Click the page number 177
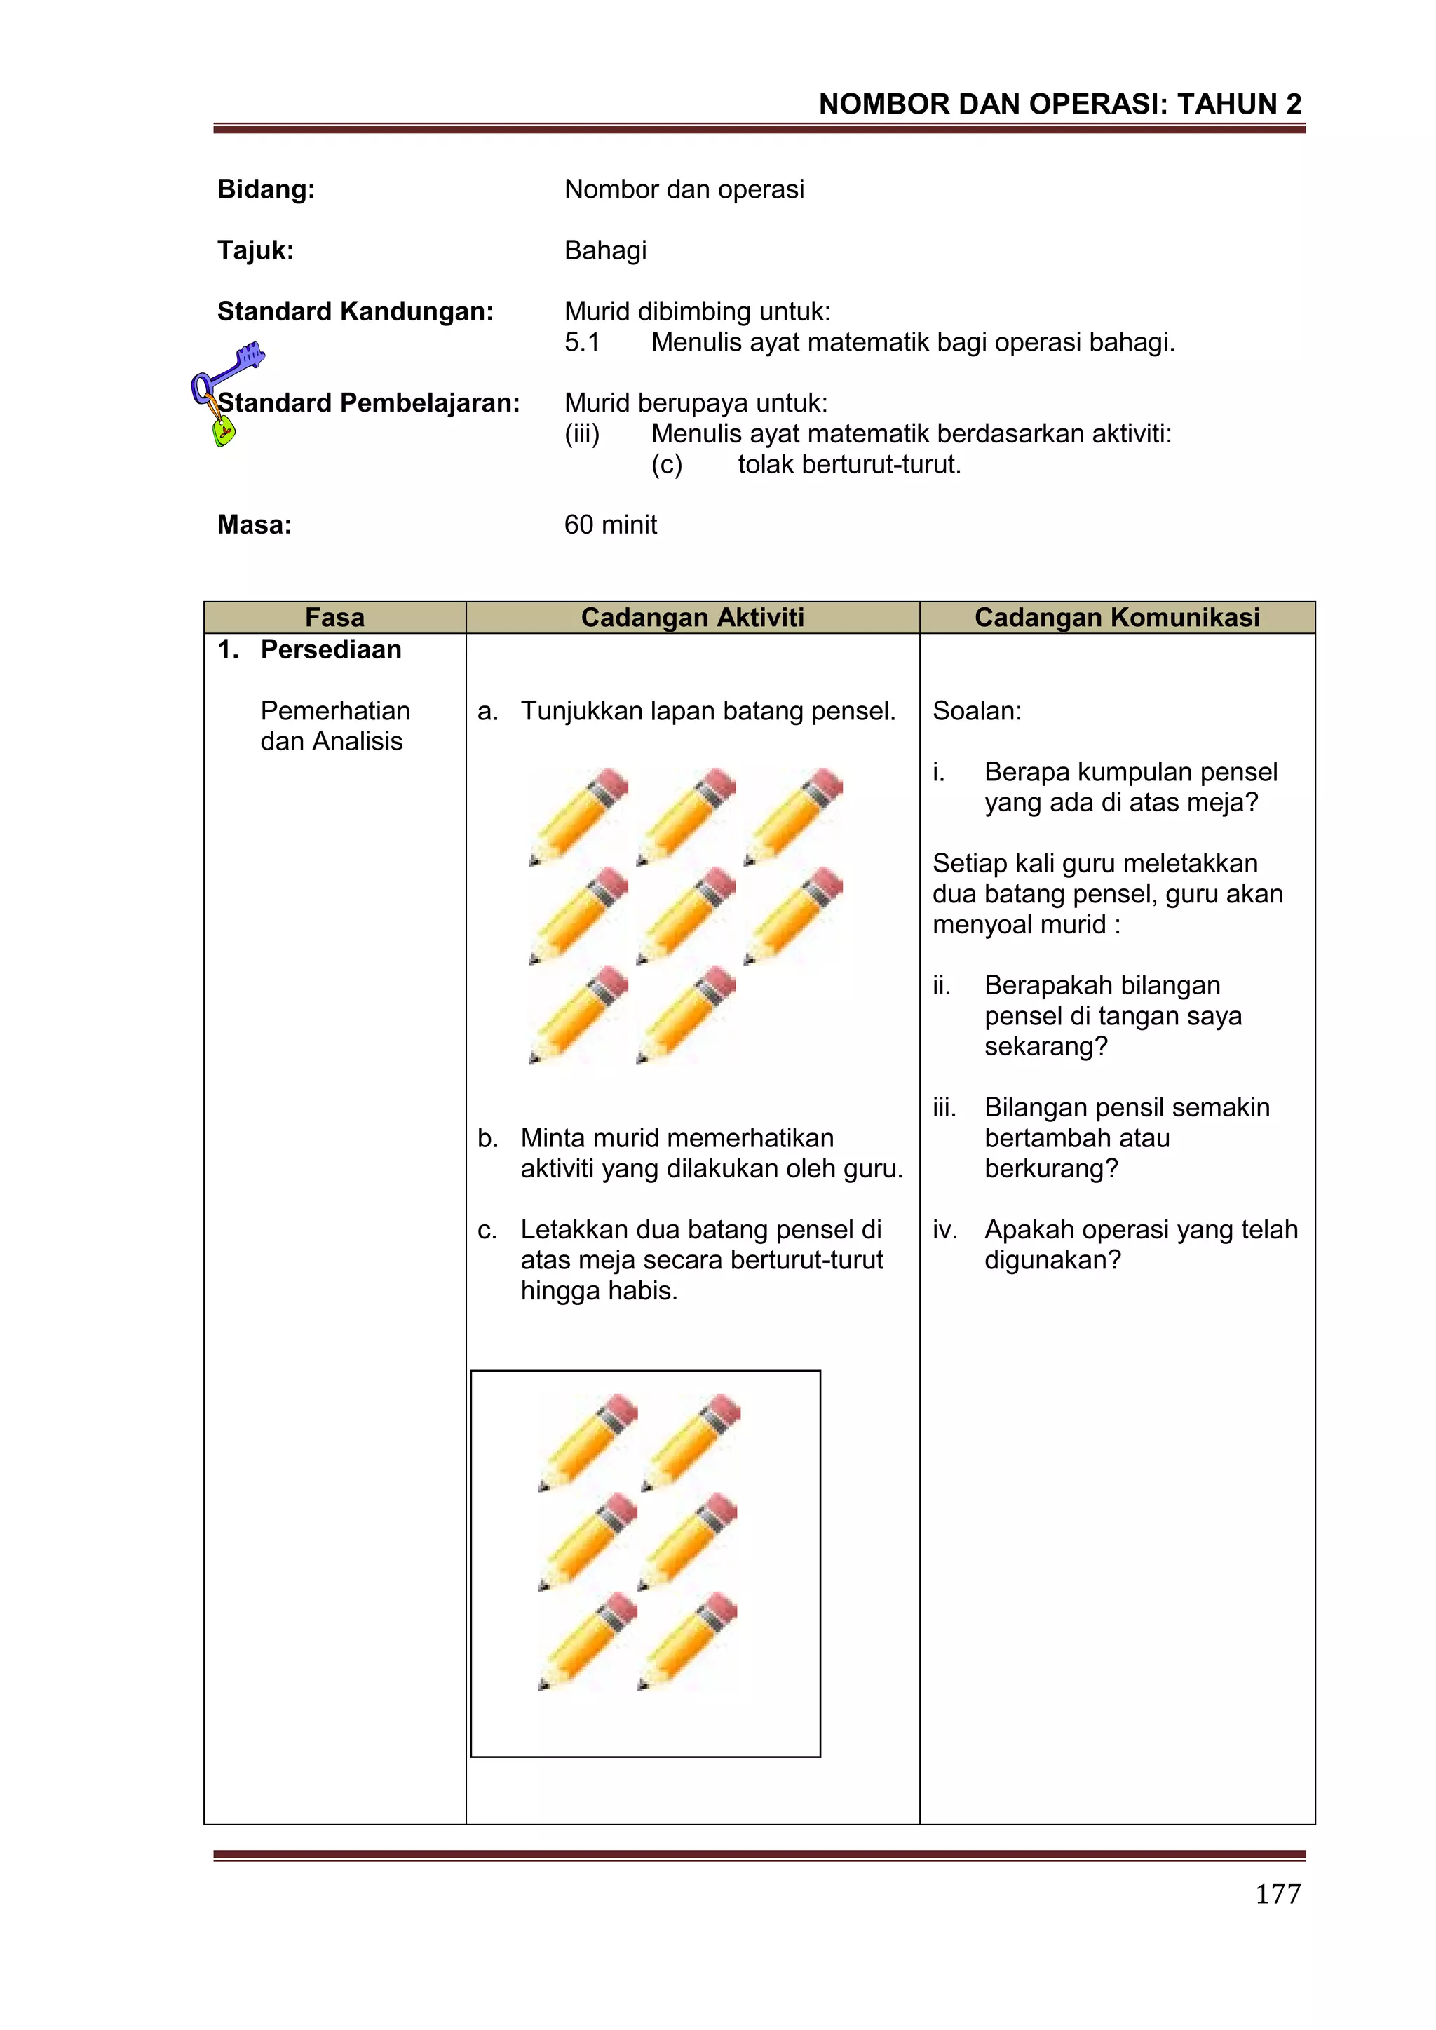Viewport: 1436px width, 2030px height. coord(1278,1893)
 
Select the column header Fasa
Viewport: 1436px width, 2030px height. coord(334,617)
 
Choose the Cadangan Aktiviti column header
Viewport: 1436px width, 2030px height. coord(692,617)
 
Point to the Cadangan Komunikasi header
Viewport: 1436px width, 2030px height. coord(1117,617)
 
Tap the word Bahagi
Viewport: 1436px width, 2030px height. coord(606,250)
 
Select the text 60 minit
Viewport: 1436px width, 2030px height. coord(610,525)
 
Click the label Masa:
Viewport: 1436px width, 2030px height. coord(255,525)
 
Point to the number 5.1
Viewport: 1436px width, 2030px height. coord(582,342)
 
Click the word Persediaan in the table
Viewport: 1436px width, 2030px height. coord(331,650)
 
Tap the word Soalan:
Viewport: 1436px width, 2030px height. coord(977,711)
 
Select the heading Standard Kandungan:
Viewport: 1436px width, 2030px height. coord(355,311)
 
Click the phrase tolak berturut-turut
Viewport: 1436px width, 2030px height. coord(849,464)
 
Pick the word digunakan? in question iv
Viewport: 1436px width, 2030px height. coord(1052,1260)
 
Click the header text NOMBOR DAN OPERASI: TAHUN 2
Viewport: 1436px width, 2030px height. coord(1059,104)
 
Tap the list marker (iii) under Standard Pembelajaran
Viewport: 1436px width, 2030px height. coord(582,434)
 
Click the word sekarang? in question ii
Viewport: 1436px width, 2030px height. coord(1046,1047)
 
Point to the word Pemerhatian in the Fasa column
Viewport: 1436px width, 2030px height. coord(335,711)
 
